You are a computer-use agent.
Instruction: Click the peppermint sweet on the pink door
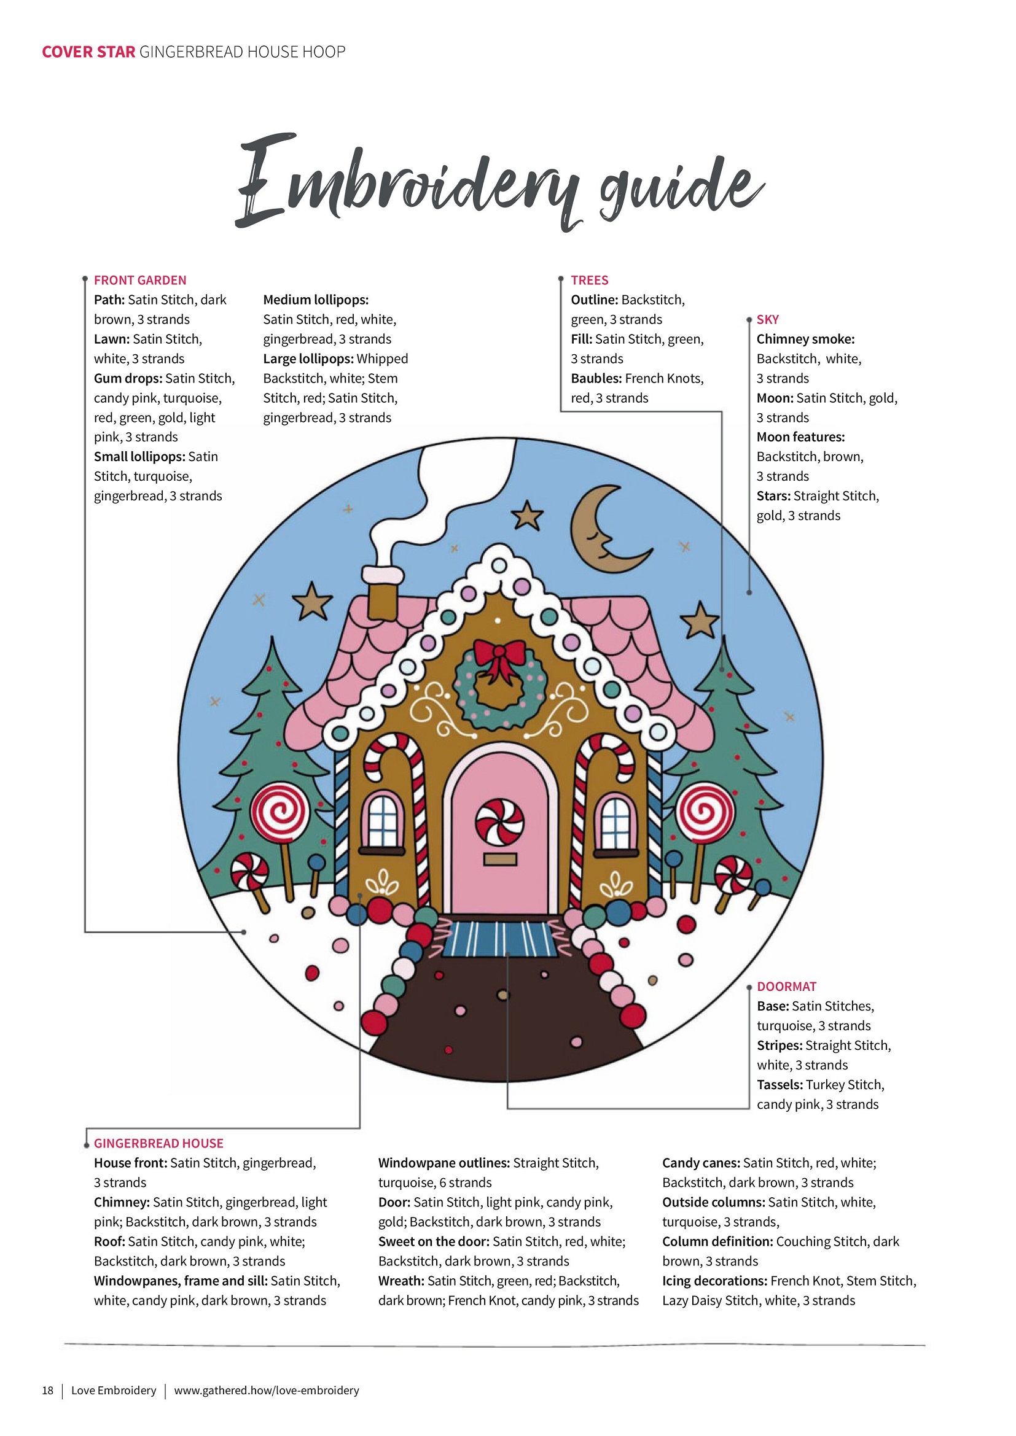click(499, 822)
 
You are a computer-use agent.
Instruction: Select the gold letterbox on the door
click(500, 860)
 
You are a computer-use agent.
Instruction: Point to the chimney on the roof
click(383, 593)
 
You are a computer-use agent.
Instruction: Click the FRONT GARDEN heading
click(140, 280)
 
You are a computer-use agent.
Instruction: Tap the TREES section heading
click(589, 280)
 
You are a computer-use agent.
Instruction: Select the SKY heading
click(768, 320)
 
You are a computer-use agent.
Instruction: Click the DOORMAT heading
click(786, 987)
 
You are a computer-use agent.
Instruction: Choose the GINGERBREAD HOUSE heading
click(158, 1143)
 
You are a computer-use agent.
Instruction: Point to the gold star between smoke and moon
click(528, 516)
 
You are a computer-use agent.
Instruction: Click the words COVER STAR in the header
click(88, 52)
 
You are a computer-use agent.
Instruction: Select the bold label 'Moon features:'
click(800, 437)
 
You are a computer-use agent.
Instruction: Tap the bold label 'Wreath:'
click(401, 1281)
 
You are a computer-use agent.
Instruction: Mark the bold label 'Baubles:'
click(596, 378)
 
